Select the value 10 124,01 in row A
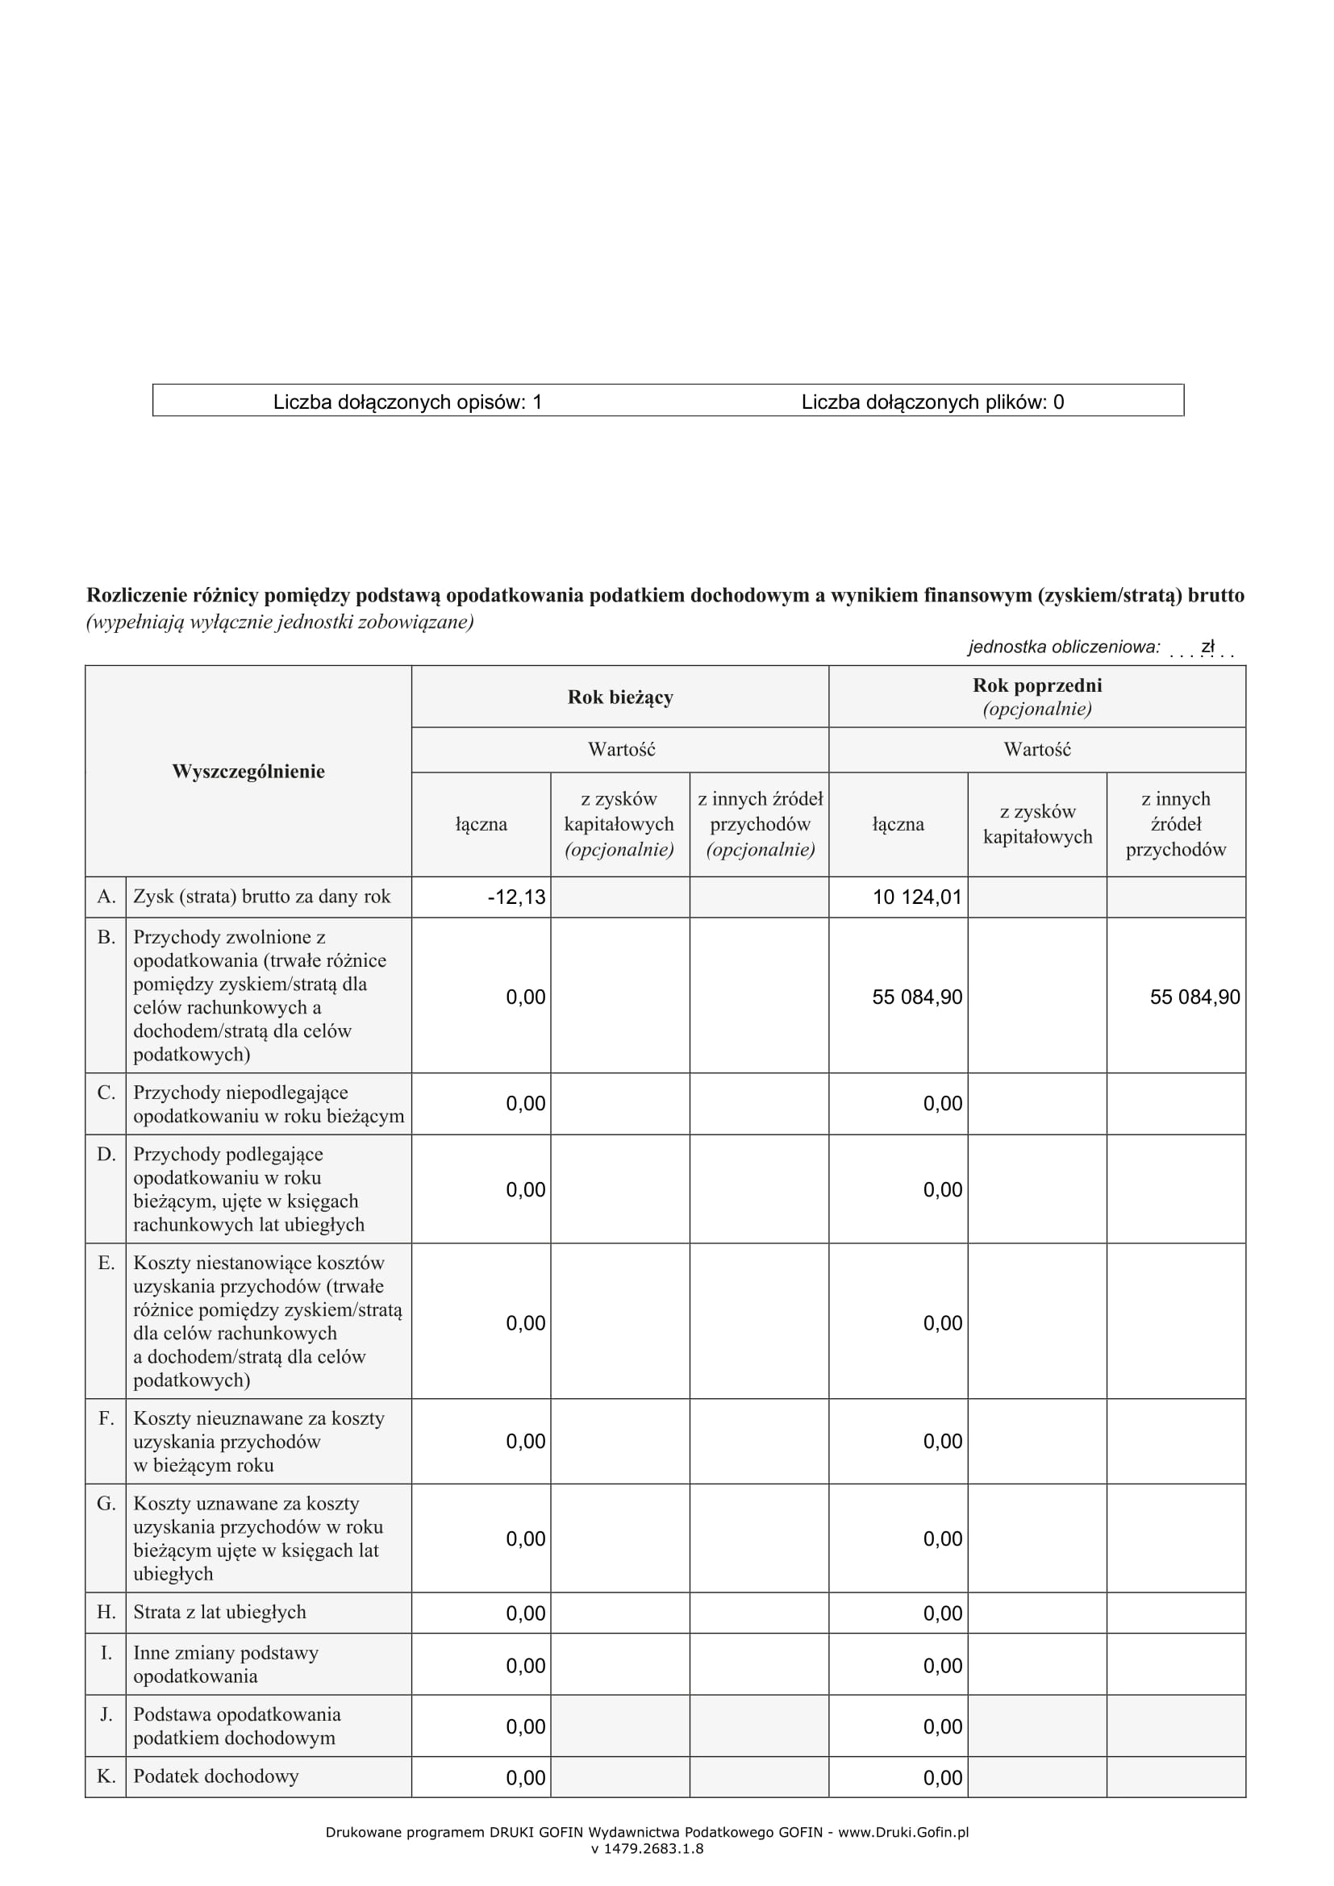click(917, 897)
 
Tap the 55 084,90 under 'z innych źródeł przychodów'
click(1194, 997)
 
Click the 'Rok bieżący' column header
click(620, 697)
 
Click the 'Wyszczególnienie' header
click(248, 772)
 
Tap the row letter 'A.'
click(106, 897)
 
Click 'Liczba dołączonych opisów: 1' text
click(407, 402)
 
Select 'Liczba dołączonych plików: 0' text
click(932, 402)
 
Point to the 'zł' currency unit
click(1207, 647)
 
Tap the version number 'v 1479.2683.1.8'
click(647, 1849)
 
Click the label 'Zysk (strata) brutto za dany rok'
click(261, 897)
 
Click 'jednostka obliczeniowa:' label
click(1064, 647)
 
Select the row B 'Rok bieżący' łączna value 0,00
click(525, 997)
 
